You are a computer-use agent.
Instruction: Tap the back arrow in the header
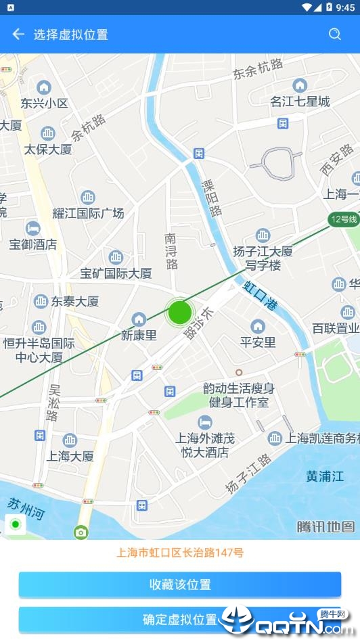coord(18,35)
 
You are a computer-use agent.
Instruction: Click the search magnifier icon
coord(335,35)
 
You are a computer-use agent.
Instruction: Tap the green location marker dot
coord(179,312)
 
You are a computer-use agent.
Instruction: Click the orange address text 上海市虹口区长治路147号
coord(180,553)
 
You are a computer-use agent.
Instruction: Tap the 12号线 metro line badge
coord(342,219)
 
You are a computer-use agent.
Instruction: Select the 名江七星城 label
coord(300,101)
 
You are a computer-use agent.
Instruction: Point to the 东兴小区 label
coord(44,104)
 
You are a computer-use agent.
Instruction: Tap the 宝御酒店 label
coord(32,244)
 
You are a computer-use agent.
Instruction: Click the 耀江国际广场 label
coord(88,213)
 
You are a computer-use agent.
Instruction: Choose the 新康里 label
coord(139,335)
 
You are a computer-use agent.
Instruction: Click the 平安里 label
coord(258,342)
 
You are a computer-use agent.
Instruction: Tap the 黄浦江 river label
coord(325,476)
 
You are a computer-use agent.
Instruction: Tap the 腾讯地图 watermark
coord(325,526)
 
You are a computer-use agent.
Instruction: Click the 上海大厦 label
coord(70,456)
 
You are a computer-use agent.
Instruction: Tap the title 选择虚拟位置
coord(71,35)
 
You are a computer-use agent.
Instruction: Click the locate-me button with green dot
coord(16,525)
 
